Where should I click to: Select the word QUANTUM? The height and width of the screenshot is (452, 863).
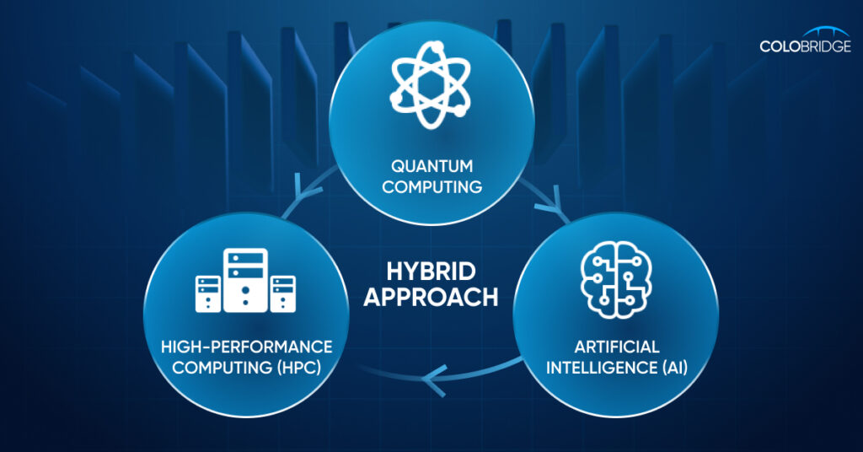tap(431, 166)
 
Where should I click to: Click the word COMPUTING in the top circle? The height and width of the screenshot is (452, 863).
tap(431, 186)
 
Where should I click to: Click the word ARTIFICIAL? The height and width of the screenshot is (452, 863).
tap(618, 347)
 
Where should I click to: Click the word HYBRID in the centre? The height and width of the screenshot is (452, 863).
tap(431, 272)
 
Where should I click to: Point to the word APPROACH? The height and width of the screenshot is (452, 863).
tap(431, 298)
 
